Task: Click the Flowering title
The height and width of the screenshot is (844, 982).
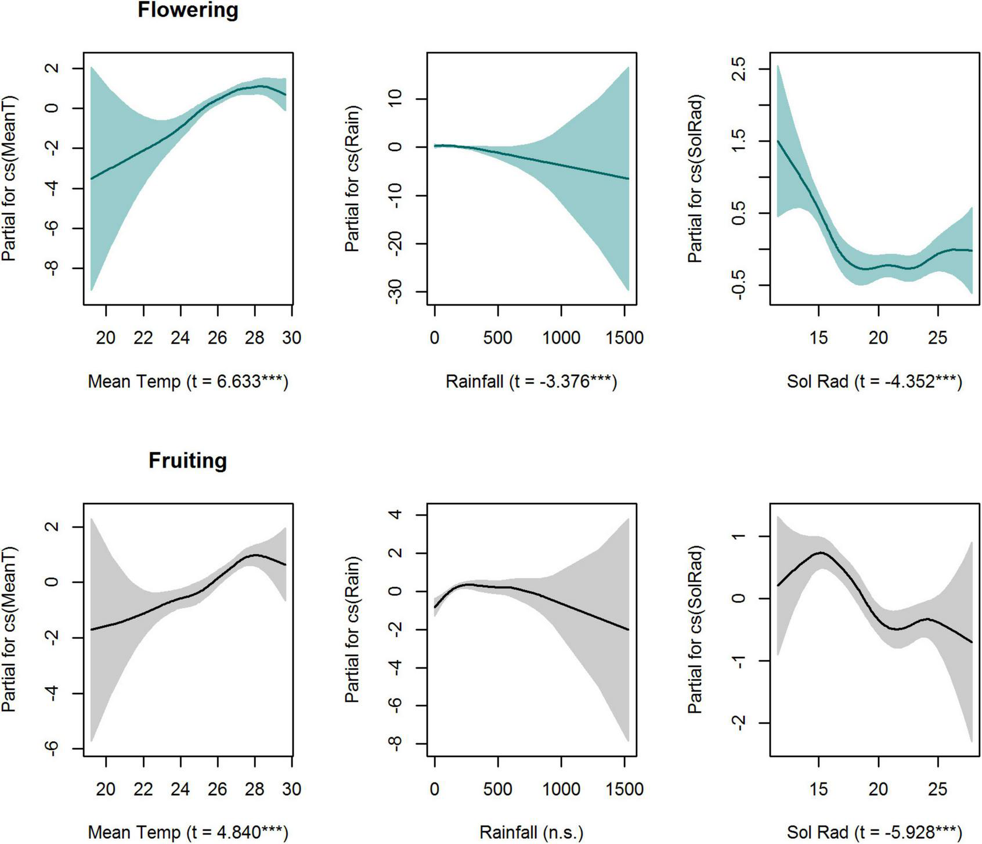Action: [x=187, y=10]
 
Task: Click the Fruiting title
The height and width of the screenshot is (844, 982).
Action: [x=187, y=461]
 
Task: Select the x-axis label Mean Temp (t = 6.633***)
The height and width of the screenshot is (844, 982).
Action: [x=187, y=382]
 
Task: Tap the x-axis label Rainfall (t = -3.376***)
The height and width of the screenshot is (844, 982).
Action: [x=531, y=382]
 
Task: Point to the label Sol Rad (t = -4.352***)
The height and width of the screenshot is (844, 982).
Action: [x=874, y=382]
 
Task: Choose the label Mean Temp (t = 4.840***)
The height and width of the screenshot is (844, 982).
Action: [x=187, y=832]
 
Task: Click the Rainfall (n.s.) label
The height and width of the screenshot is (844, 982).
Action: [x=531, y=832]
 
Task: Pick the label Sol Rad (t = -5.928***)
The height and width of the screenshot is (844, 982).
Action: [x=874, y=832]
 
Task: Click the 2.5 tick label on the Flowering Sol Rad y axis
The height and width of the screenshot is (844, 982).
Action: [x=739, y=69]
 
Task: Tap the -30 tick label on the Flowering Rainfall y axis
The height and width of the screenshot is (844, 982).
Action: [x=396, y=291]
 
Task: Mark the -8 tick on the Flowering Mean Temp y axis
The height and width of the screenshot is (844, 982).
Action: [x=53, y=268]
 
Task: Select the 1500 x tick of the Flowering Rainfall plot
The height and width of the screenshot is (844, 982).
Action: [x=624, y=337]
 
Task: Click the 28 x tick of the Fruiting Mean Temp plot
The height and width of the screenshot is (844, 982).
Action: [x=255, y=789]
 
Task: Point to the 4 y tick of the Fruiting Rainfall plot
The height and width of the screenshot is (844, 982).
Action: [x=396, y=515]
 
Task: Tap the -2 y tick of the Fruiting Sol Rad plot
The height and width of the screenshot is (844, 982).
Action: [x=739, y=723]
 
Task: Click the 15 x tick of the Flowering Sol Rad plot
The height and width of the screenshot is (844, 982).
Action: [x=818, y=337]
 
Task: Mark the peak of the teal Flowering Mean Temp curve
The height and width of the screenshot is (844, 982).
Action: [x=260, y=86]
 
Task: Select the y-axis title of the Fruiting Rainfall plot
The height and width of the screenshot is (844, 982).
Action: [x=352, y=630]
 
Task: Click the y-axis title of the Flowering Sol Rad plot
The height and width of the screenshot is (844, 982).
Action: [x=695, y=178]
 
